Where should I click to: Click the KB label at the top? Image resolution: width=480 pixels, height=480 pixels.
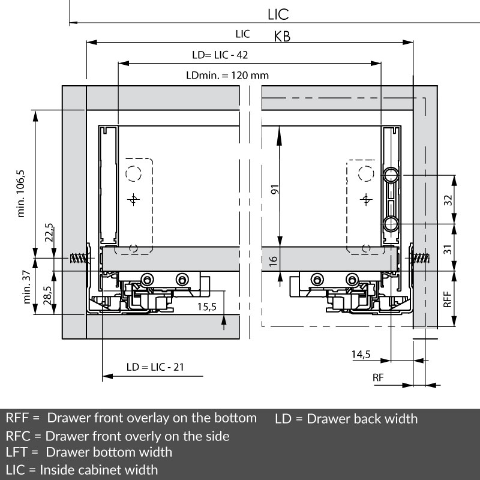click(x=282, y=37)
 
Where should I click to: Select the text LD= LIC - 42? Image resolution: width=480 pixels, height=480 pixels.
click(x=220, y=55)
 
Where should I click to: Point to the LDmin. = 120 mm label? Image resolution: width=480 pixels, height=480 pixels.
click(x=227, y=76)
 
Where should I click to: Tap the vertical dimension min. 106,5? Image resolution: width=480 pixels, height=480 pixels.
click(x=22, y=193)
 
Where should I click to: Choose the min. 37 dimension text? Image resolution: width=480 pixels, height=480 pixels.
click(x=26, y=287)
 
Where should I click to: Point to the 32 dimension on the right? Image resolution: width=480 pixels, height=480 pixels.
click(x=447, y=200)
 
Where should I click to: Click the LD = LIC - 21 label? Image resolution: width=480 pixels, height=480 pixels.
click(x=155, y=367)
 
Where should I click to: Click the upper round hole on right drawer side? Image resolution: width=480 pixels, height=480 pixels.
click(x=391, y=175)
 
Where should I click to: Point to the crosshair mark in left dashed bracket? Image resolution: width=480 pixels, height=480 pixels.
click(x=134, y=200)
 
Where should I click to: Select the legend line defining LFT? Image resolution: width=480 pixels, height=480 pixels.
click(x=89, y=452)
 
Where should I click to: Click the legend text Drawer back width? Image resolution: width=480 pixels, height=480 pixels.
click(x=362, y=418)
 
